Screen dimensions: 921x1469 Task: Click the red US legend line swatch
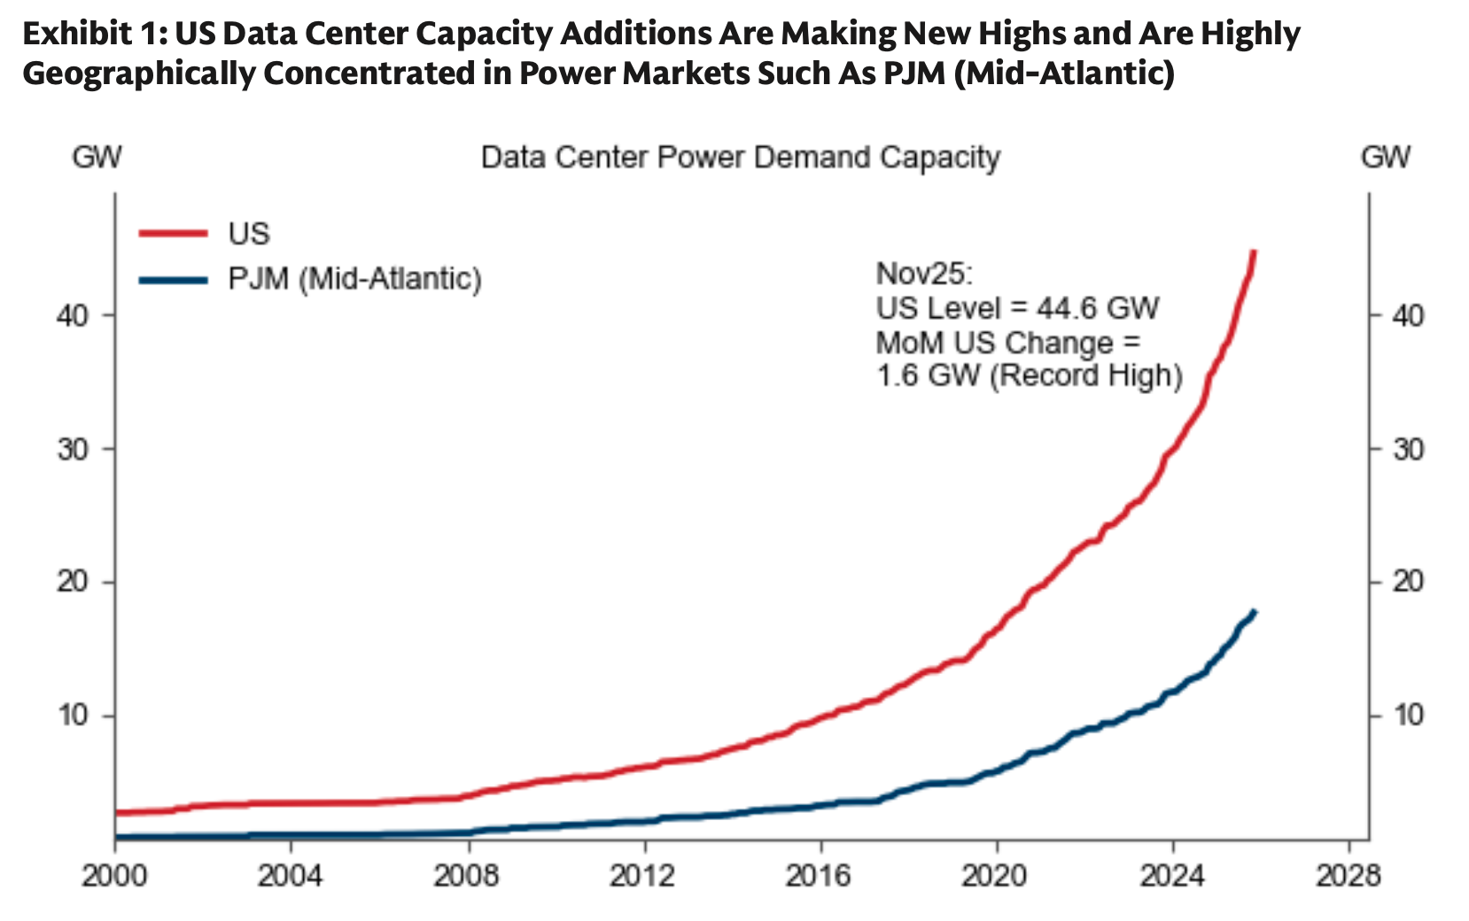173,234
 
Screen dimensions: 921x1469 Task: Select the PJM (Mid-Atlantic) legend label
354,279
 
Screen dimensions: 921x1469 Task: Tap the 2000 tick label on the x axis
115,876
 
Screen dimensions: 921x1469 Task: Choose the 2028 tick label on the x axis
1349,876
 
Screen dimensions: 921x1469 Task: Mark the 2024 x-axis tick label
1172,876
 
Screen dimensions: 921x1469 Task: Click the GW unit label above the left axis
97,158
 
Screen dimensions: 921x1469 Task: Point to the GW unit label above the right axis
1386,158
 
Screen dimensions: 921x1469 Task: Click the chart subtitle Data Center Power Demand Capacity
740,158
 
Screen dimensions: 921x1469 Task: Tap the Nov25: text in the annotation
924,274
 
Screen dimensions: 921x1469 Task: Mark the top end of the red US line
1255,252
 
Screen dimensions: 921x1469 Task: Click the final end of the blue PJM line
1255,611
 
